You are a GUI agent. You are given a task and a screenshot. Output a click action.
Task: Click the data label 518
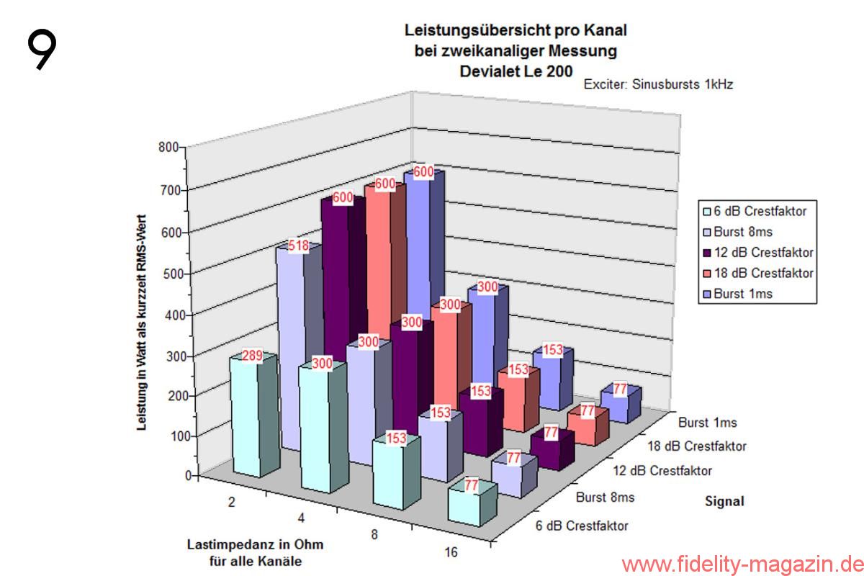(299, 246)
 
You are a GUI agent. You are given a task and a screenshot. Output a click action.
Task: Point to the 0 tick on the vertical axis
(189, 475)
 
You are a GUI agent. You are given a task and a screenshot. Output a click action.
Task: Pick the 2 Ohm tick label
(231, 503)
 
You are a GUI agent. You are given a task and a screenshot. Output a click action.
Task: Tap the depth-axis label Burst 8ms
(605, 498)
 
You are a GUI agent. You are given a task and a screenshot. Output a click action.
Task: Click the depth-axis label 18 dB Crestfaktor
(696, 446)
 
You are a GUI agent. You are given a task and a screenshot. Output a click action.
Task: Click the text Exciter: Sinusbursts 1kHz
(658, 84)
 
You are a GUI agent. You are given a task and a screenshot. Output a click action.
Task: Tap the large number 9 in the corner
(42, 49)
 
